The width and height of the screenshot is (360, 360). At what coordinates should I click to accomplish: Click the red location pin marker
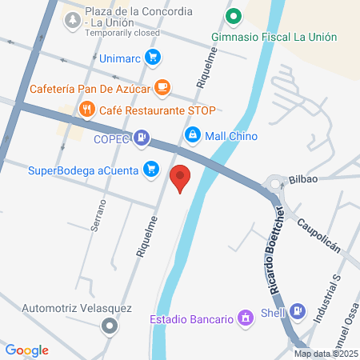point(181,178)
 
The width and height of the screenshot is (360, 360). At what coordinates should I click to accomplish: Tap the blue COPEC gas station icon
point(142,138)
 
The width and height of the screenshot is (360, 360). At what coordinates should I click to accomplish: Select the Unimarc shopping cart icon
point(154,57)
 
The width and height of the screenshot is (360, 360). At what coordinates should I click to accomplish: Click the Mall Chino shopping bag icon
point(192,135)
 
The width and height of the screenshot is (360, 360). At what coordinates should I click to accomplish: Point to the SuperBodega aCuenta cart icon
point(150,169)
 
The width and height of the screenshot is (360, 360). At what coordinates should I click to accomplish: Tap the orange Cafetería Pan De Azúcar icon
point(162,87)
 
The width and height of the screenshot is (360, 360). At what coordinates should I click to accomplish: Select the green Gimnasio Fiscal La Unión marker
point(234,15)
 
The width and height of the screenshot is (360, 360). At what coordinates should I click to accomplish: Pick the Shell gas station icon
point(298,310)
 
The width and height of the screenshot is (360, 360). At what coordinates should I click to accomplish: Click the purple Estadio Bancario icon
point(246,319)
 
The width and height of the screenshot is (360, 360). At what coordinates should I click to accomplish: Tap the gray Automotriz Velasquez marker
point(110,326)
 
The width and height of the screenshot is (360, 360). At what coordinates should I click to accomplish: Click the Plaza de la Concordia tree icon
point(73,17)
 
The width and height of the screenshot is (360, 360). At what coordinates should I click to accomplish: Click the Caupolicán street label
point(319,233)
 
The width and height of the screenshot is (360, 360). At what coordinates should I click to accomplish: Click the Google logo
point(27,350)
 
